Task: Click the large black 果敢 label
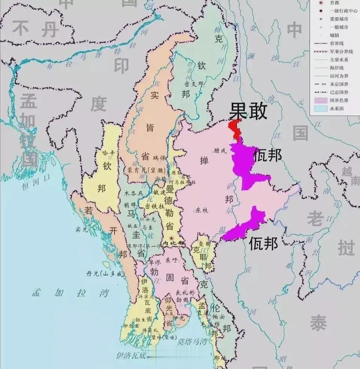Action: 248,111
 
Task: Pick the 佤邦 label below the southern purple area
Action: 264,244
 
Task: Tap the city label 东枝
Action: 201,210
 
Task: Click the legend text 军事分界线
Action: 341,51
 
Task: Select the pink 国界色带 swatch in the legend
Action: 320,100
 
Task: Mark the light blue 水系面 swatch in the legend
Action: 320,109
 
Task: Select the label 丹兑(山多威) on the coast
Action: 104,274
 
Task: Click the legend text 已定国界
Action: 339,92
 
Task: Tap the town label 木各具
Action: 133,193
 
